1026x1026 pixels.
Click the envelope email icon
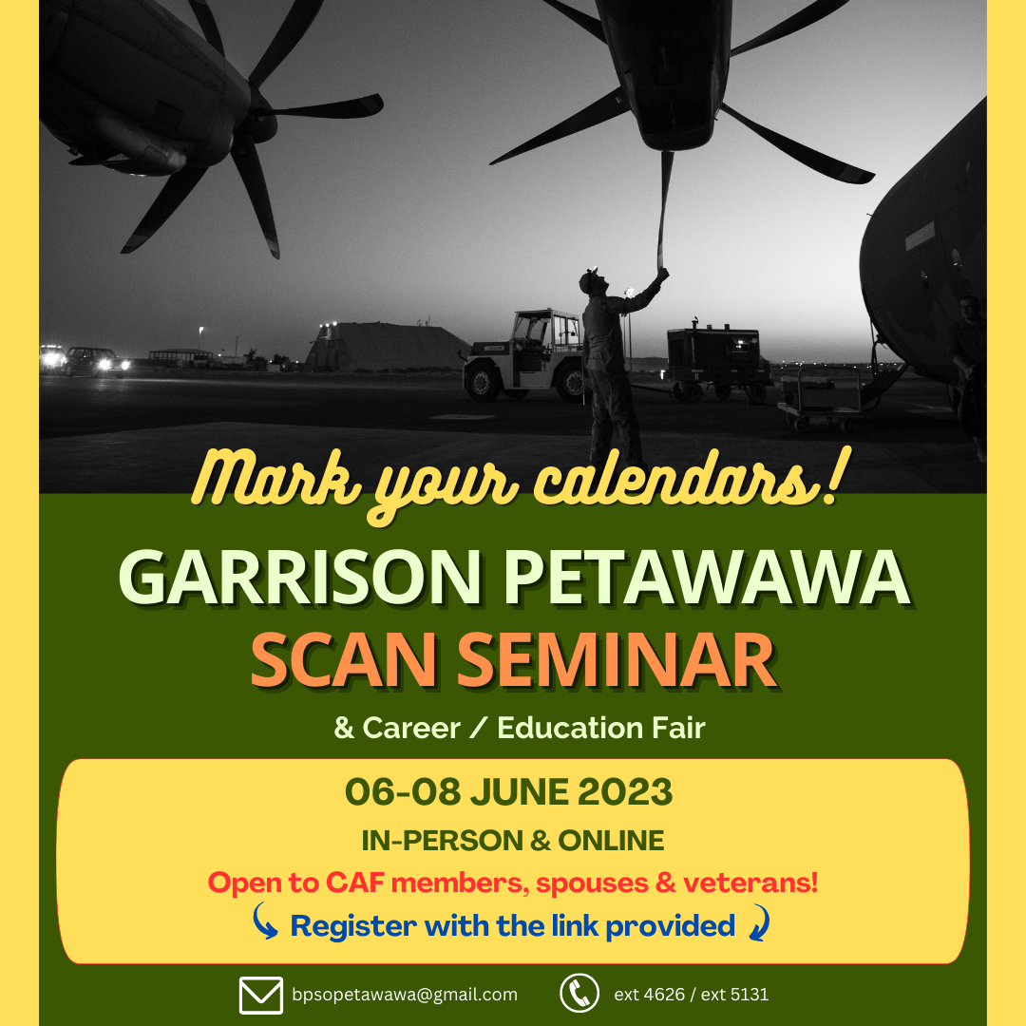pyautogui.click(x=261, y=995)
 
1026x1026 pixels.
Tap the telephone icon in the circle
pyautogui.click(x=579, y=993)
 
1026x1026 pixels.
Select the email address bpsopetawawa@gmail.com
pyautogui.click(x=405, y=995)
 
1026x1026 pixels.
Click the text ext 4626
pyautogui.click(x=649, y=995)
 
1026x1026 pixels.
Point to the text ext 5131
pyautogui.click(x=734, y=995)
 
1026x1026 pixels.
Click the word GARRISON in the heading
pyautogui.click(x=300, y=578)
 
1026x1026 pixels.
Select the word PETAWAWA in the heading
pyautogui.click(x=707, y=578)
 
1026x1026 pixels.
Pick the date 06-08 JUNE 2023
pyautogui.click(x=508, y=791)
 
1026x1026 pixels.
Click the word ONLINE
pyautogui.click(x=611, y=841)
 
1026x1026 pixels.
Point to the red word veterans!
pyautogui.click(x=750, y=883)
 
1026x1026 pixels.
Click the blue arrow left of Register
pyautogui.click(x=264, y=921)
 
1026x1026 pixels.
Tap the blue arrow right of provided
pyautogui.click(x=760, y=921)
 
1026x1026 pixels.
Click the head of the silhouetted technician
pyautogui.click(x=592, y=280)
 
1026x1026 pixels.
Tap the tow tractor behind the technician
pyautogui.click(x=523, y=355)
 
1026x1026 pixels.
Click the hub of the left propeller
pyautogui.click(x=257, y=110)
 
